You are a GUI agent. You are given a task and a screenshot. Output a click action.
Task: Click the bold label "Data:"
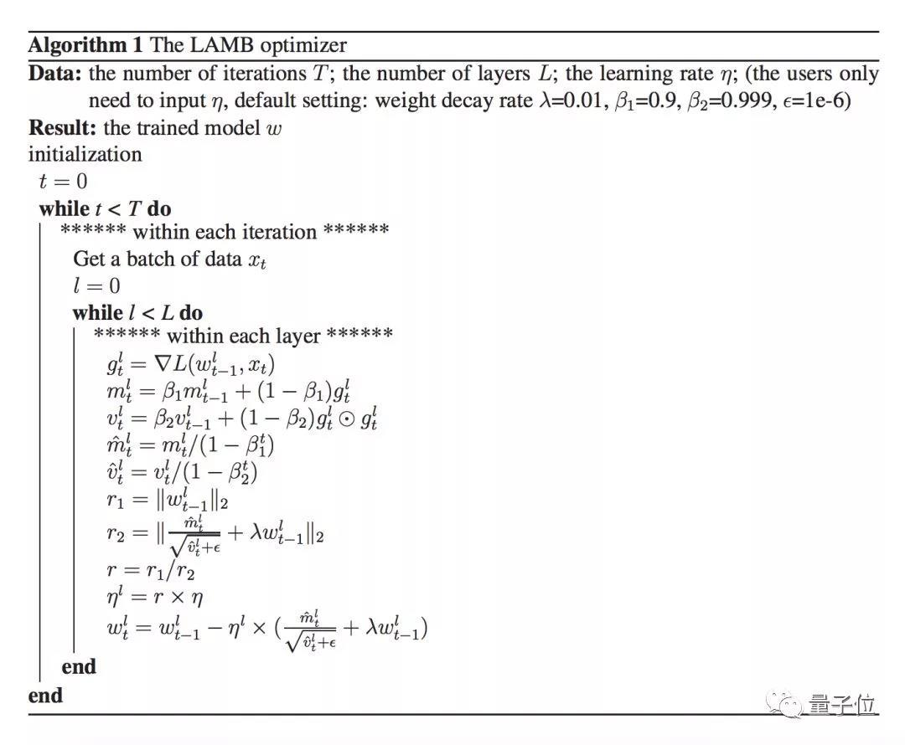point(55,74)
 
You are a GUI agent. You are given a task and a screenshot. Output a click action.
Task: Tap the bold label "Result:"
point(64,127)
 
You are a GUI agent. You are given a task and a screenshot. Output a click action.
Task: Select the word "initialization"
point(85,154)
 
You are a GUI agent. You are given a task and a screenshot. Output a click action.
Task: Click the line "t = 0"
point(63,182)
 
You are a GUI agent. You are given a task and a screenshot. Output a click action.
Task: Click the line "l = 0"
point(96,285)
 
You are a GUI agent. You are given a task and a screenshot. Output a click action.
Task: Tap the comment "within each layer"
point(243,337)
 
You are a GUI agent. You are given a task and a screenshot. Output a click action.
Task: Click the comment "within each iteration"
point(225,231)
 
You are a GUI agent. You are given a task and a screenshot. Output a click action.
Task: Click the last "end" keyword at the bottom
point(45,695)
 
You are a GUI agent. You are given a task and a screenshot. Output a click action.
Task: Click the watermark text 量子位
point(841,705)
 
